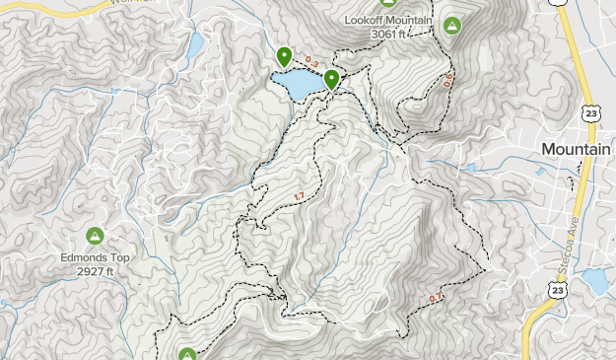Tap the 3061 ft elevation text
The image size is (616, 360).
[395, 35]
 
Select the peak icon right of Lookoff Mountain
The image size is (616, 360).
[452, 27]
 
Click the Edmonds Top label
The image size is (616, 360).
[95, 257]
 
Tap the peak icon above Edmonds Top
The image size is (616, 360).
[95, 236]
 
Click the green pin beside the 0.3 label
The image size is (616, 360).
[284, 57]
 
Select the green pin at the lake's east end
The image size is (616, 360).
[332, 79]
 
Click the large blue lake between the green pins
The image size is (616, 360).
[298, 85]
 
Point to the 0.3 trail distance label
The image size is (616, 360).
[311, 61]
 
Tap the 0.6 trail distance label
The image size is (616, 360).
[448, 78]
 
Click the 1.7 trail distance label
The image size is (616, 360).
[299, 196]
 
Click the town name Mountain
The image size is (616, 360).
[578, 148]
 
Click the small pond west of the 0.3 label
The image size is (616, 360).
[194, 44]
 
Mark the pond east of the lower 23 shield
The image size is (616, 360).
[595, 280]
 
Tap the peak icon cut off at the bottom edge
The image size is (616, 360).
[187, 354]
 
